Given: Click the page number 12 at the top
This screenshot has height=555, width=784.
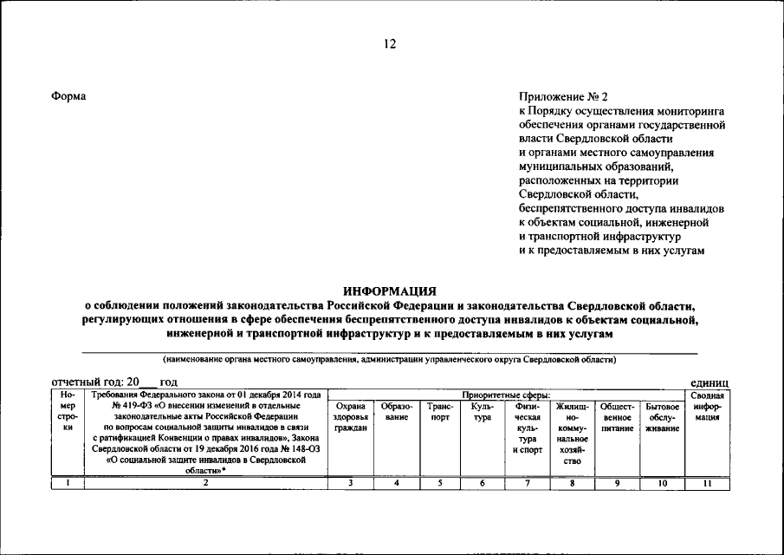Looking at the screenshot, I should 391,44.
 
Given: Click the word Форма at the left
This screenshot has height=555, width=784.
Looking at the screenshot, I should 68,95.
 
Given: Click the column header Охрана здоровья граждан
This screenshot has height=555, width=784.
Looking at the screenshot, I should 349,418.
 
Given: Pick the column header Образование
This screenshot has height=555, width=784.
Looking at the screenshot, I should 396,412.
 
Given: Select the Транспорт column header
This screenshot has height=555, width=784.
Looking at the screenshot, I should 441,412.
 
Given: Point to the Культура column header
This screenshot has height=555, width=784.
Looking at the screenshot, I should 483,412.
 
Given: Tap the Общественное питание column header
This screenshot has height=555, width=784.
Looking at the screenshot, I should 618,418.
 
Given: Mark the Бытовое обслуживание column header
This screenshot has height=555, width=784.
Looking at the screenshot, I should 662,418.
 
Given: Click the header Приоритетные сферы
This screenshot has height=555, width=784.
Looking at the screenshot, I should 506,395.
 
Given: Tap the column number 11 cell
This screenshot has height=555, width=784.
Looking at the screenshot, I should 707,484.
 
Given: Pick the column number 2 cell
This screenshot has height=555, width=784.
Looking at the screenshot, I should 205,484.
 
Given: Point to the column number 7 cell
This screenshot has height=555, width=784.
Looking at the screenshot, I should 527,484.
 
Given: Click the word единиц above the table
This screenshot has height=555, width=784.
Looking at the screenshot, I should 709,382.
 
